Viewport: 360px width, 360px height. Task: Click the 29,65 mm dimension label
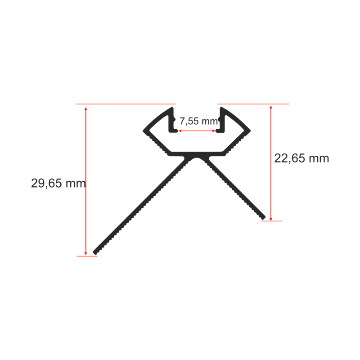point(58,183)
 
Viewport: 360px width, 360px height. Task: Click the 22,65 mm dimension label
point(301,158)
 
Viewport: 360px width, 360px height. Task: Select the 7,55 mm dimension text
point(198,121)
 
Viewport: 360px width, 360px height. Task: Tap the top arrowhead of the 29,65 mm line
point(86,108)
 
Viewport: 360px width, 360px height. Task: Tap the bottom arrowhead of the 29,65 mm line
point(86,253)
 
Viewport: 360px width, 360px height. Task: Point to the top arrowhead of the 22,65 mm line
point(271,107)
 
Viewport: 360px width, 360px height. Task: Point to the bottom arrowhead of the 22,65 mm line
point(271,219)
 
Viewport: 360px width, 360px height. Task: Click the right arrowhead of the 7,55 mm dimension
point(214,131)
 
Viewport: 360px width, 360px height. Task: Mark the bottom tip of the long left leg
point(95,253)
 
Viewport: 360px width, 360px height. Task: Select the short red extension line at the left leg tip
point(87,256)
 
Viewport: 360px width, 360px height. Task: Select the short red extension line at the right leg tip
point(272,221)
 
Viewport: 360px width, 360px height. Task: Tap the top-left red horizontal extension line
point(126,104)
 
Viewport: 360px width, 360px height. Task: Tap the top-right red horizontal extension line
point(253,104)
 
